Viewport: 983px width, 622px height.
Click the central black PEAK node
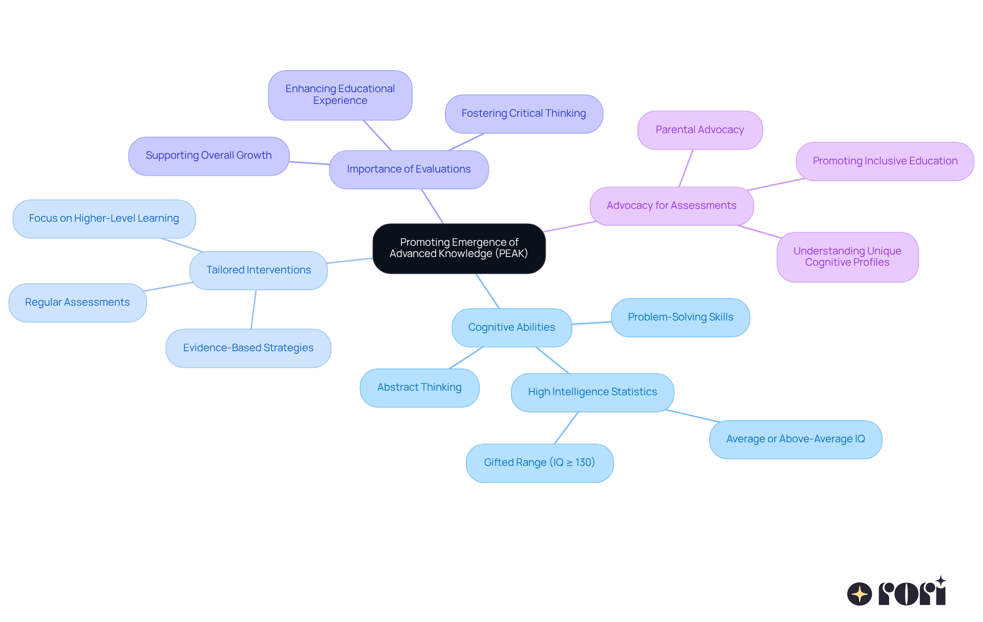pyautogui.click(x=459, y=248)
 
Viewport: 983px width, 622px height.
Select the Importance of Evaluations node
pyautogui.click(x=409, y=169)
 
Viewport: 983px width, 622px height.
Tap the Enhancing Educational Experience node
pyautogui.click(x=340, y=95)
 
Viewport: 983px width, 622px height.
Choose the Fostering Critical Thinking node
pyautogui.click(x=523, y=114)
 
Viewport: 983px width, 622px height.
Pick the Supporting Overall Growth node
pyautogui.click(x=208, y=156)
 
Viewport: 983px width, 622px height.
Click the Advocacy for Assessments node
pyautogui.click(x=671, y=206)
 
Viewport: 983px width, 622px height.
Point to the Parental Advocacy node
pyautogui.click(x=699, y=130)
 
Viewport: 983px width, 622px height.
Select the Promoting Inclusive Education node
pyautogui.click(x=885, y=161)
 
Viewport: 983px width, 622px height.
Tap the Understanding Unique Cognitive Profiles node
pyautogui.click(x=847, y=257)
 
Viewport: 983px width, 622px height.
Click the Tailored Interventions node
pyautogui.click(x=258, y=270)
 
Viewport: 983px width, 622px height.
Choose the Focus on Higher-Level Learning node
pyautogui.click(x=104, y=219)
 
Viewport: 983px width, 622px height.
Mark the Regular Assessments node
pyautogui.click(x=77, y=303)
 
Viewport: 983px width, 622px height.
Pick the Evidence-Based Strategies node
pyautogui.click(x=248, y=348)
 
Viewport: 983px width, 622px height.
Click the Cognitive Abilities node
pyautogui.click(x=511, y=328)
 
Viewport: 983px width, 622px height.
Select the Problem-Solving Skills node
pyautogui.click(x=680, y=317)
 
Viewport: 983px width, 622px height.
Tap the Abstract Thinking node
pyautogui.click(x=419, y=388)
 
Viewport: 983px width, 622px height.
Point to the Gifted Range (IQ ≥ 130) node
pyautogui.click(x=539, y=463)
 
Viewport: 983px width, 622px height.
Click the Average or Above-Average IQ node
pyautogui.click(x=795, y=439)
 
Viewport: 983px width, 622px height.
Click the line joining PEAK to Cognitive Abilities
pyautogui.click(x=487, y=291)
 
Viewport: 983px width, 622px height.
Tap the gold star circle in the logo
pyautogui.click(x=859, y=594)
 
